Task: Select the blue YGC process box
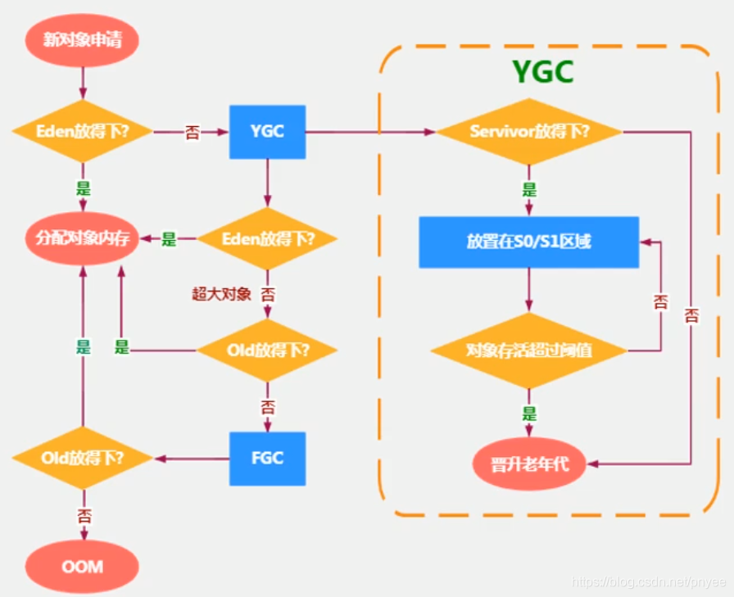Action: (268, 132)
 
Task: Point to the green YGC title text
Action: (543, 71)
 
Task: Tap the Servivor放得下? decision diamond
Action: (528, 132)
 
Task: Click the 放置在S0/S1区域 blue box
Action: (528, 242)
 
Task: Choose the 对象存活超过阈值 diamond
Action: (528, 351)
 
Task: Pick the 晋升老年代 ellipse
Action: (530, 464)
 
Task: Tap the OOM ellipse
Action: (82, 566)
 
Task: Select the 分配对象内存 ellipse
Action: (82, 239)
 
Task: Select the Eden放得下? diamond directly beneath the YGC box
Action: (268, 239)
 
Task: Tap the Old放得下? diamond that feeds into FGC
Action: (268, 351)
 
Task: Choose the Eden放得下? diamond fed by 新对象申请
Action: (82, 132)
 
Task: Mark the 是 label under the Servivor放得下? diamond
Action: (529, 190)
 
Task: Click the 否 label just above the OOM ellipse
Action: (84, 516)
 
